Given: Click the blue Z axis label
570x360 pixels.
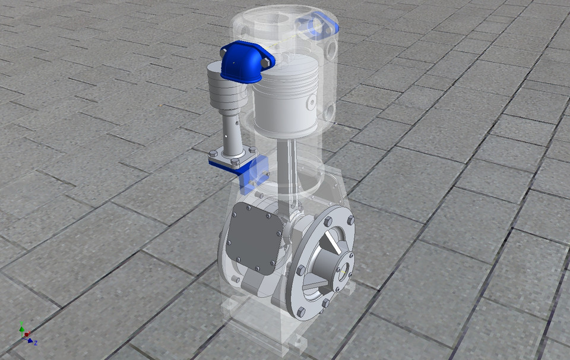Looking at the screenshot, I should (x=36, y=343).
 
